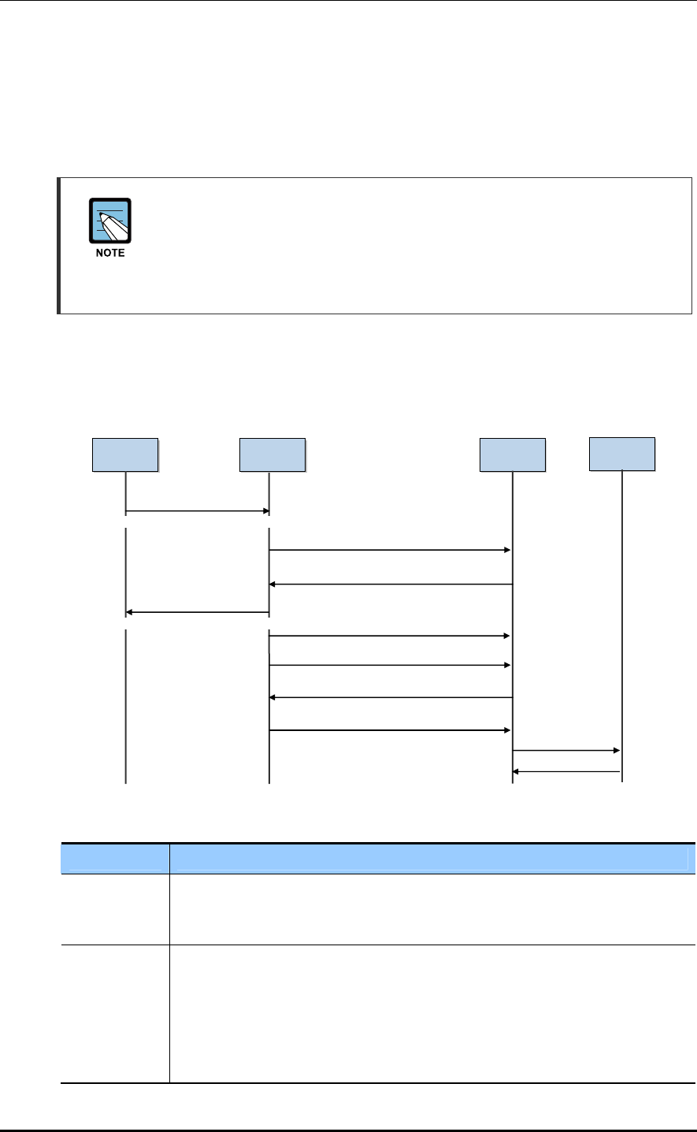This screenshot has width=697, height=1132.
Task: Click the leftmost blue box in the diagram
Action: tap(125, 455)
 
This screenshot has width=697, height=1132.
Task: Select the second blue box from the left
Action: tap(272, 455)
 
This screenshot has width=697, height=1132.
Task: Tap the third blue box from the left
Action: tap(513, 455)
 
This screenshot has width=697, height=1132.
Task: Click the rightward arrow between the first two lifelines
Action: tap(197, 511)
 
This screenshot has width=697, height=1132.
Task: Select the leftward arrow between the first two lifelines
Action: tap(197, 612)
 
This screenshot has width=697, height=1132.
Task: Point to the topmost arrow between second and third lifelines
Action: tap(391, 550)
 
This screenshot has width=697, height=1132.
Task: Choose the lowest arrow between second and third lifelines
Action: tap(391, 731)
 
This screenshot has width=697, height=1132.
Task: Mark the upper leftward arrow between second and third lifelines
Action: tap(391, 585)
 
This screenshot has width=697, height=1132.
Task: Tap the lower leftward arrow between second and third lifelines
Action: tap(391, 697)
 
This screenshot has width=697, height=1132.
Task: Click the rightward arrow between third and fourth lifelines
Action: tap(567, 751)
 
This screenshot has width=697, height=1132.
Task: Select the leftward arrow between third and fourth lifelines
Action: tap(567, 772)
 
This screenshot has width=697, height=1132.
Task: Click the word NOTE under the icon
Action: tap(110, 253)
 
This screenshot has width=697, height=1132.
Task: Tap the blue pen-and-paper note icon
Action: tap(110, 221)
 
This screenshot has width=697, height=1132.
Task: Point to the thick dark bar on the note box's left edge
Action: tap(59, 246)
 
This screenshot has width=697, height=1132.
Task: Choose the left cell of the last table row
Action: tap(116, 1013)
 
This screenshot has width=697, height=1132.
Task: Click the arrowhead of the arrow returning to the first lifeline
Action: tap(129, 612)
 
